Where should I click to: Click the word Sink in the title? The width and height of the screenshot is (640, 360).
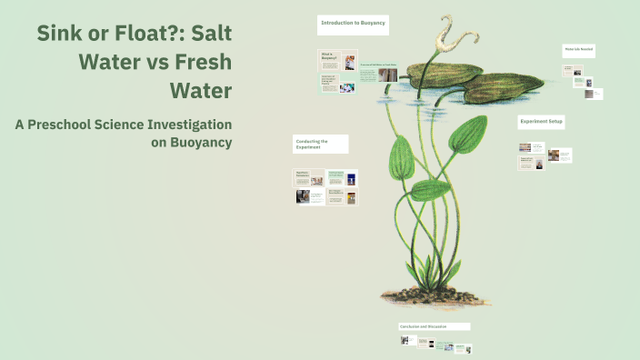tap(59, 35)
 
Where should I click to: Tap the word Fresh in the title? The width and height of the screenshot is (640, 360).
tap(201, 64)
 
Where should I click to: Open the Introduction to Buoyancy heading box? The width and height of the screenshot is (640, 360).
tap(354, 25)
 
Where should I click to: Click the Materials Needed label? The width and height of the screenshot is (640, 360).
tap(579, 50)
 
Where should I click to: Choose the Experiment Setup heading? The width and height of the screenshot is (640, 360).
tap(541, 122)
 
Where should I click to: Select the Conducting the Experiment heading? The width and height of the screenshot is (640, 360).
tap(319, 144)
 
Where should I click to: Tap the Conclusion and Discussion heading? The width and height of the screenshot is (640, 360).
tap(434, 325)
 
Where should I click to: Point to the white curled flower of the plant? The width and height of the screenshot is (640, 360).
tap(449, 35)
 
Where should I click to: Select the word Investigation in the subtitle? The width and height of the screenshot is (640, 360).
tap(187, 125)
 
